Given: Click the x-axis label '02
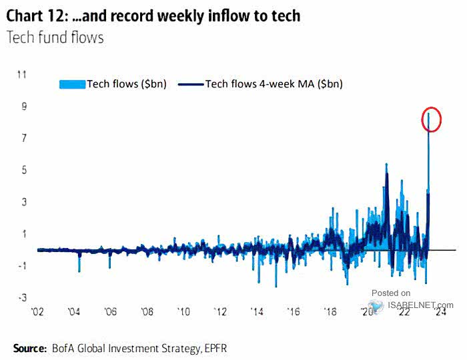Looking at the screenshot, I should click(38, 312).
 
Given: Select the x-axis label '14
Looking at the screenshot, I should click(256, 312).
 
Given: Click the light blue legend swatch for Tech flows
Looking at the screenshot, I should click(72, 84).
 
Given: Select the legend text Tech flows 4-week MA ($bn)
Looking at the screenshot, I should click(274, 84).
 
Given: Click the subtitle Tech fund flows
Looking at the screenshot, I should click(55, 38).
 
